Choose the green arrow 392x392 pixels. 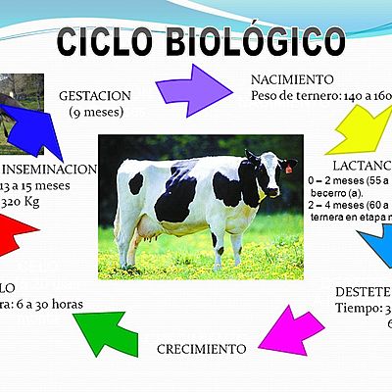108,330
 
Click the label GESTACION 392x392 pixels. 95,98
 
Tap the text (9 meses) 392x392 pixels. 95,114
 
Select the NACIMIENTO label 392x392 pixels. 292,79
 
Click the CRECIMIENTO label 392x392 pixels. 201,348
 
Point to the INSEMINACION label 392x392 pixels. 49,169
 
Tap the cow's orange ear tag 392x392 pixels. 289,169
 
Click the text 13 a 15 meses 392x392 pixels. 37,186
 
